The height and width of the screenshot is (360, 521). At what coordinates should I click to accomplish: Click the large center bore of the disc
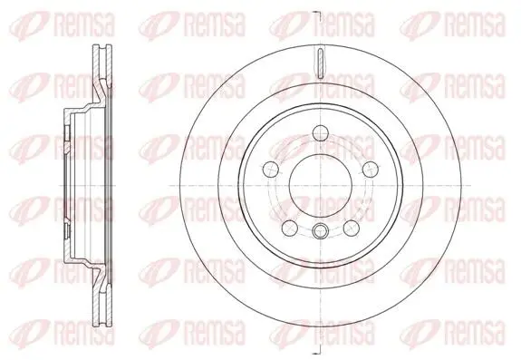click(320, 186)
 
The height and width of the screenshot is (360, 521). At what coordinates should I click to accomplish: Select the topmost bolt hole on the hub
click(321, 133)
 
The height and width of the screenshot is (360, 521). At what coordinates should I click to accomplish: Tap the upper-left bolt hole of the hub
click(270, 170)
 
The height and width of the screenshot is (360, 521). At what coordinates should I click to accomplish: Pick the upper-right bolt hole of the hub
click(371, 170)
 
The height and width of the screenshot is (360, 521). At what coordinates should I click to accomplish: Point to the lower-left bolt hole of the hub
click(289, 228)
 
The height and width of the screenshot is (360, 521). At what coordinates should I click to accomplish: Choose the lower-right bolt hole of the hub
click(352, 228)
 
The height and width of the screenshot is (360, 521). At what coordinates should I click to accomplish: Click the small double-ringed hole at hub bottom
click(321, 230)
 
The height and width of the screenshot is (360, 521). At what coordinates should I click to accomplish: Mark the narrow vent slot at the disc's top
click(321, 63)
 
